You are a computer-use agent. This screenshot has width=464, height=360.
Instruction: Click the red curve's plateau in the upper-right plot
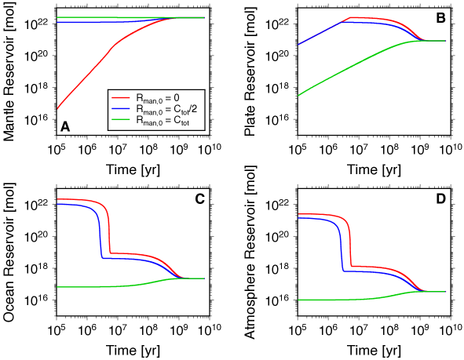[369, 18]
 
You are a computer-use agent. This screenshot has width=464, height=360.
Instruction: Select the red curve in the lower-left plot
[79, 200]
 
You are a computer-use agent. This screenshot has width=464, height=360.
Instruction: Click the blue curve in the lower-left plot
[79, 205]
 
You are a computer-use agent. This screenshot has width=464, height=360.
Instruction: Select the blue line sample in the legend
[122, 109]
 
